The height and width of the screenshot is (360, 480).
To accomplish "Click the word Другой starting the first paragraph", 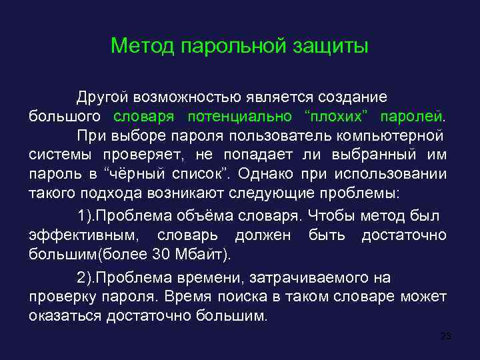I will (103, 97).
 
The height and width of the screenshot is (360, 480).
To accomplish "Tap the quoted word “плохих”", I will (336, 117).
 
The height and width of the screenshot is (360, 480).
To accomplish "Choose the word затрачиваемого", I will (315, 277).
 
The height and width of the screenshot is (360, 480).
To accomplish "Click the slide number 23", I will (446, 335).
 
